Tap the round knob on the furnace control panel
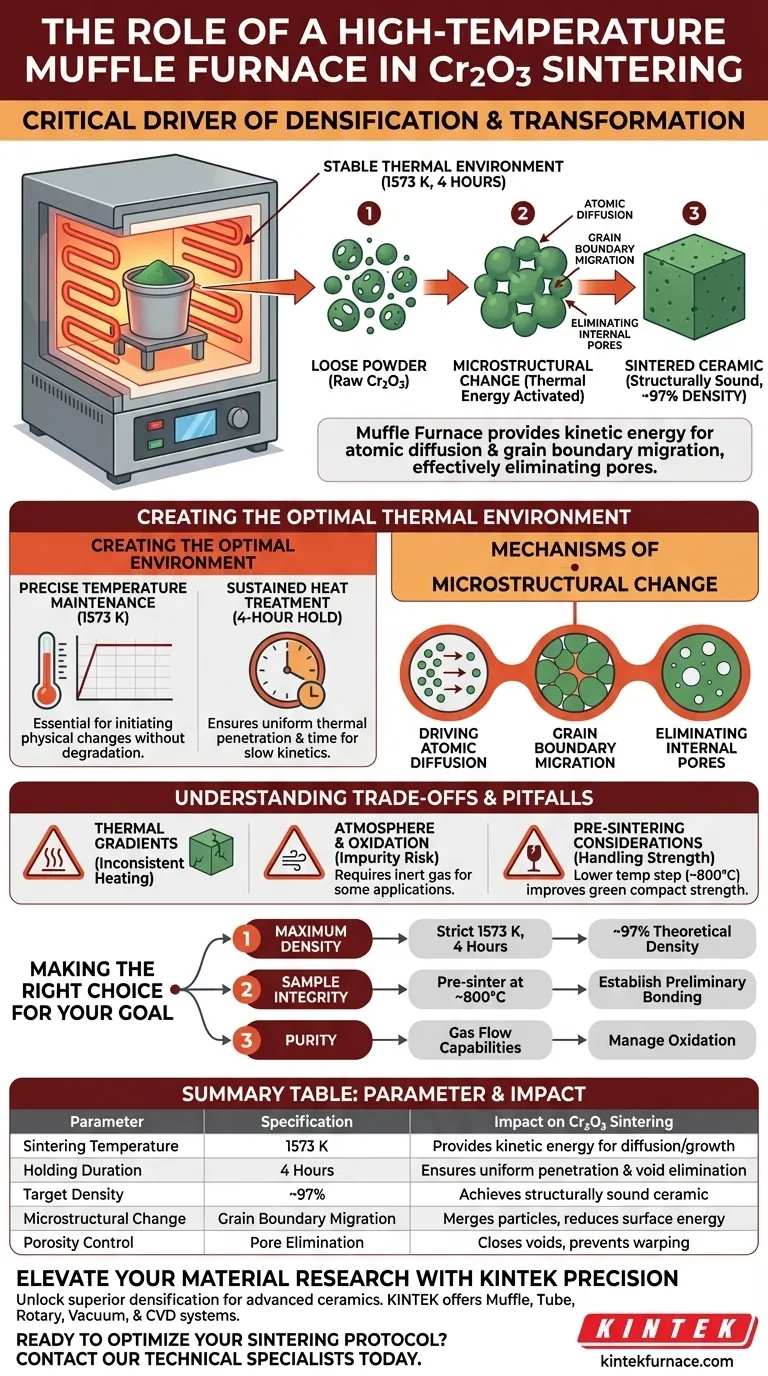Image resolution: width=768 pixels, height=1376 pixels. [x=238, y=418]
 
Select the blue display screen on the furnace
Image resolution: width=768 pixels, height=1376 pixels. [x=195, y=426]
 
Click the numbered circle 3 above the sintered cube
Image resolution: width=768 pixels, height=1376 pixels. [x=694, y=213]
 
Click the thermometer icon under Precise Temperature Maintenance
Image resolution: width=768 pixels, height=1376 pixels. [x=47, y=670]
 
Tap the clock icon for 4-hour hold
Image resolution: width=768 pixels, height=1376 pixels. [x=288, y=670]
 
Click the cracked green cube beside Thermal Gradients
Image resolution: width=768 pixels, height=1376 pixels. [x=211, y=851]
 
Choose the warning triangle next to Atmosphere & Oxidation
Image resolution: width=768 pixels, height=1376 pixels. [x=294, y=854]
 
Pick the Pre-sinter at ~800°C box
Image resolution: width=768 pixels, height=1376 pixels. [x=480, y=990]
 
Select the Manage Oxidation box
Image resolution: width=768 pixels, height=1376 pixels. [x=672, y=1040]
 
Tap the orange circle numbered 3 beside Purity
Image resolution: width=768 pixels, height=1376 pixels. [x=246, y=1040]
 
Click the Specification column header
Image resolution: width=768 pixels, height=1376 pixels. [x=307, y=1122]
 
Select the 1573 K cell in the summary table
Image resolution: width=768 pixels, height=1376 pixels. [x=307, y=1146]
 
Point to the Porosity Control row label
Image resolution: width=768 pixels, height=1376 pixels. [x=78, y=1242]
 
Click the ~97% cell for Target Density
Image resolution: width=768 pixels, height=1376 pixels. [x=307, y=1194]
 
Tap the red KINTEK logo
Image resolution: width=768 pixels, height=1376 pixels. [x=667, y=1329]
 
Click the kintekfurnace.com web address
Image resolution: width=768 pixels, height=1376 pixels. [x=667, y=1361]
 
